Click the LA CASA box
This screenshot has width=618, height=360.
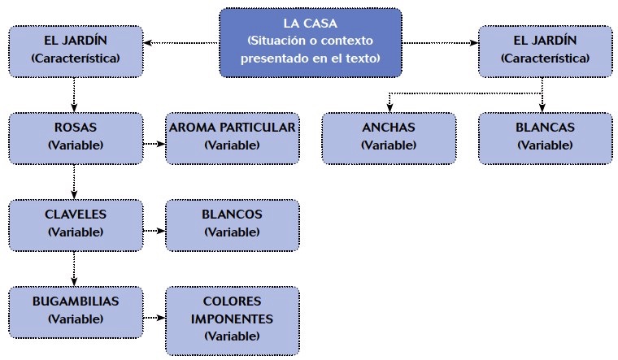(311, 43)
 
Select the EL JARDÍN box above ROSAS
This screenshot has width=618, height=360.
(75, 51)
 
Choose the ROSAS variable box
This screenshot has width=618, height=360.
(75, 137)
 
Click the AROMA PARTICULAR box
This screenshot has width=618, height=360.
(232, 137)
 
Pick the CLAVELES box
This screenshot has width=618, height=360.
(75, 224)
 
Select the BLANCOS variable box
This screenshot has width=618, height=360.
(232, 224)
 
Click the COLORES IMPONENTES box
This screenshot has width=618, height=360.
(232, 319)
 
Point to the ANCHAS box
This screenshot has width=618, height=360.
(388, 137)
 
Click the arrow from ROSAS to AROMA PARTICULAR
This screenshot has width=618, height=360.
(154, 145)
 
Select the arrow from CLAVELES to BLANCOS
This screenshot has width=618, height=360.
(154, 231)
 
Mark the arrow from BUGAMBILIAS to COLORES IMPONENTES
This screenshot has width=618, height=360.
(154, 318)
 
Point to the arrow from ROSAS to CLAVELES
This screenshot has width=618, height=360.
(75, 180)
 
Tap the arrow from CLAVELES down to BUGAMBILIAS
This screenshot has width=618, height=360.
(75, 267)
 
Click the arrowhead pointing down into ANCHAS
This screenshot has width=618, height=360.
(388, 107)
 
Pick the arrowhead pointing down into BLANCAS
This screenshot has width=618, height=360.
(543, 107)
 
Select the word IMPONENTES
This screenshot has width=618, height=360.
(232, 319)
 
